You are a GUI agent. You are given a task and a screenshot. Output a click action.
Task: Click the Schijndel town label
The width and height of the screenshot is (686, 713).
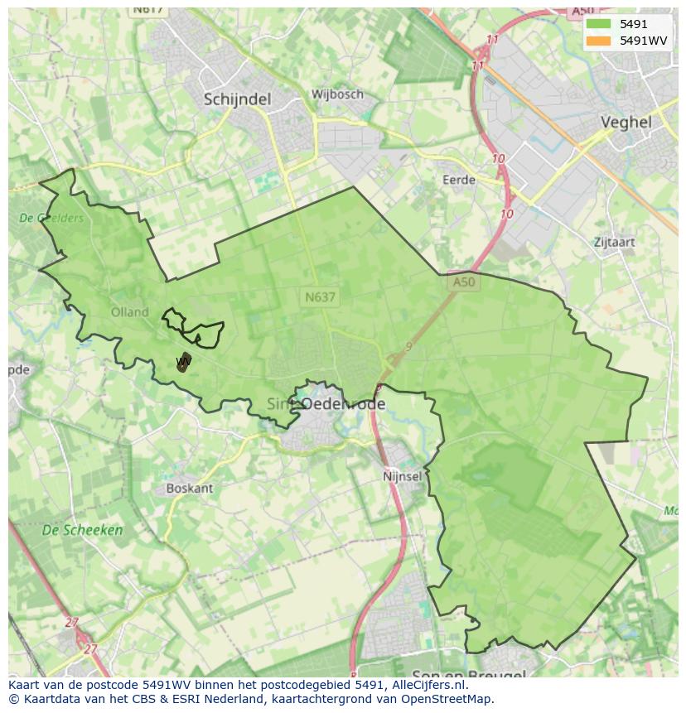(237, 99)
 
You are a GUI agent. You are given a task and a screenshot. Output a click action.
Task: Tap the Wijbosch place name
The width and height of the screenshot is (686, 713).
(337, 94)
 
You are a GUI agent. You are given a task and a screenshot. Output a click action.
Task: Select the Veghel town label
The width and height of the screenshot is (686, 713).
(626, 122)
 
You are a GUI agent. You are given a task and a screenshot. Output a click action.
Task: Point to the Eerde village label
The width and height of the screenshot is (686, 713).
(458, 180)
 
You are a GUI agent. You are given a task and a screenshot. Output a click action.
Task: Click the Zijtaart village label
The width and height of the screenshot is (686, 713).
(614, 243)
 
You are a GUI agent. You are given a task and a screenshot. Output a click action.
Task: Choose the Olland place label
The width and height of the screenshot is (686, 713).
(129, 312)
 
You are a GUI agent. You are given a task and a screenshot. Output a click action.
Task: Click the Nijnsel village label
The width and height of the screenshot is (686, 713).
(403, 477)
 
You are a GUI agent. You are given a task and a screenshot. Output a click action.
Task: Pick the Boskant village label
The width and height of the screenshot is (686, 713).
(189, 489)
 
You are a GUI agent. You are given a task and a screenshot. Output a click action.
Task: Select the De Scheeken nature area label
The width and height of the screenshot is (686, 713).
(82, 530)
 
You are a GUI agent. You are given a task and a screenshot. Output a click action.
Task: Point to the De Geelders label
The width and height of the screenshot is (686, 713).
(51, 219)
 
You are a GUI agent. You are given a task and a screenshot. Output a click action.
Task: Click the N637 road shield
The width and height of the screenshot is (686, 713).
(321, 296)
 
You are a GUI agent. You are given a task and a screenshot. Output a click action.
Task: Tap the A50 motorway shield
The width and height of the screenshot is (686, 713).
(464, 282)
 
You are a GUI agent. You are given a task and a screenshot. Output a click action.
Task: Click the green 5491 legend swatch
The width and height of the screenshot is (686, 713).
(598, 24)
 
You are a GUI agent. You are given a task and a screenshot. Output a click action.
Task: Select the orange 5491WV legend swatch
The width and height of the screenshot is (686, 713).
(598, 41)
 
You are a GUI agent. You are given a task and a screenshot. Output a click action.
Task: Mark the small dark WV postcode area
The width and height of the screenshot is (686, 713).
(183, 362)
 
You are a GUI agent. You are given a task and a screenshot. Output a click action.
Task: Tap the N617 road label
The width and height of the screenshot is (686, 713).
(148, 10)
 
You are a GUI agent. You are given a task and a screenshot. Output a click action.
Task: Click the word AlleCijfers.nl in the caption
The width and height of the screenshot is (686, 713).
(428, 685)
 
